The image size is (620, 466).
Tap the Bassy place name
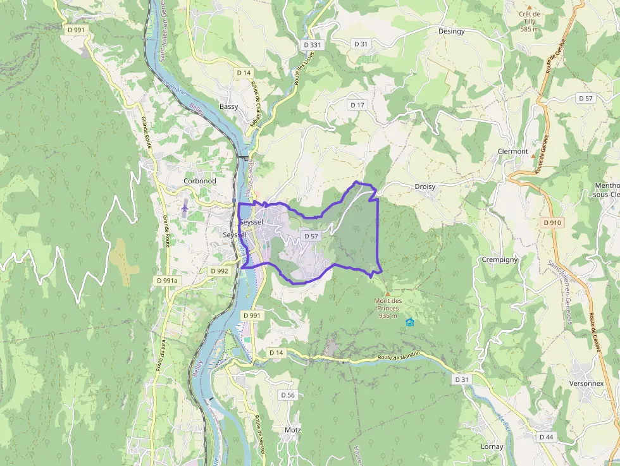(x=229, y=106)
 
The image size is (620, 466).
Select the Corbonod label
(x=199, y=181)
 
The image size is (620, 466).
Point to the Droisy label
(x=425, y=187)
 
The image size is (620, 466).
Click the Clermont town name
(x=512, y=152)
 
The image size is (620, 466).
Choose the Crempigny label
(x=500, y=259)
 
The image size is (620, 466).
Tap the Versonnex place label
(x=586, y=383)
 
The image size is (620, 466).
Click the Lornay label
(x=492, y=446)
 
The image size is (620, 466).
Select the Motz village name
(x=293, y=430)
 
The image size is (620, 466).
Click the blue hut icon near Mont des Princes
(x=409, y=322)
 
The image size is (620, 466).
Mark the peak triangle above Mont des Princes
(x=388, y=294)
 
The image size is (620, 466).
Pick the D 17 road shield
(x=357, y=104)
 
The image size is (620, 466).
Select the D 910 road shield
(x=552, y=223)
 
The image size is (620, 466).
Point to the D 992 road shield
(x=219, y=271)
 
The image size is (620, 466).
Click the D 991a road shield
(x=168, y=280)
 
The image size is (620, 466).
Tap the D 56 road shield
(x=288, y=395)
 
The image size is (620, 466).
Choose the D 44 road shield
(x=547, y=437)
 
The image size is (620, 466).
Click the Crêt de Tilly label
(x=530, y=21)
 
